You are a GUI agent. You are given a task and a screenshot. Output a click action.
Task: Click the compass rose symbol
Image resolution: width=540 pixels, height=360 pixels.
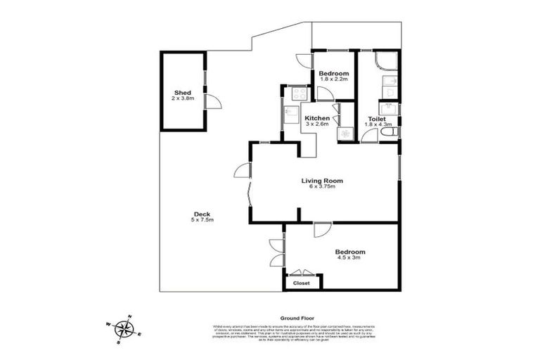click(x=124, y=328)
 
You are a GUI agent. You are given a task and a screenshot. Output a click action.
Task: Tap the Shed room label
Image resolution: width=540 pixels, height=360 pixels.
click(x=184, y=93)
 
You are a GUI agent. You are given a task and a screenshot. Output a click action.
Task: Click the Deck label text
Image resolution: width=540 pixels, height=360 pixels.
click(x=202, y=214)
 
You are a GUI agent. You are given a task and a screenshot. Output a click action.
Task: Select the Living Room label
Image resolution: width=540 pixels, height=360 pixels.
click(x=323, y=181)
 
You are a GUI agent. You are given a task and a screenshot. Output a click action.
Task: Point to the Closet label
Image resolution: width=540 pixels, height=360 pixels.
click(x=301, y=283)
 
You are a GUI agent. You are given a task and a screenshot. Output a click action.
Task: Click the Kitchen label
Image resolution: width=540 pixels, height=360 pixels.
click(x=317, y=118)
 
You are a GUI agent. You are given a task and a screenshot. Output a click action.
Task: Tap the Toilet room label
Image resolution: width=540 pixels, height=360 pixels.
click(x=376, y=119)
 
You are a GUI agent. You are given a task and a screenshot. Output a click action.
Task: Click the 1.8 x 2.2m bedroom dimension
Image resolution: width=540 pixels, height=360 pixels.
click(x=333, y=80)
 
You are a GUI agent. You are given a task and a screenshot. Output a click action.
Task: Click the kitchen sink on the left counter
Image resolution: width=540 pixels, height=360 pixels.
click(x=290, y=112)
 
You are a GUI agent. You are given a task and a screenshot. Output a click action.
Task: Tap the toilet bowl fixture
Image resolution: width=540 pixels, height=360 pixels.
click(x=391, y=131)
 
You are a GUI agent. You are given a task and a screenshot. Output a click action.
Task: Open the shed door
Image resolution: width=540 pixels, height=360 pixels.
click(x=213, y=103)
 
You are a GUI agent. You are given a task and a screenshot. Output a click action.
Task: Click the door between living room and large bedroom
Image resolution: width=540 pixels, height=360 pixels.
click(x=323, y=230)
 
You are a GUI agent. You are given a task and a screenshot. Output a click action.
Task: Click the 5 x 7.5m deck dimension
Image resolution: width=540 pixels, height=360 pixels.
click(x=202, y=221)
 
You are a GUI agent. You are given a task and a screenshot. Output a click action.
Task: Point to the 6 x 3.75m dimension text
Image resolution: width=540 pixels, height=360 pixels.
click(x=323, y=187)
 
